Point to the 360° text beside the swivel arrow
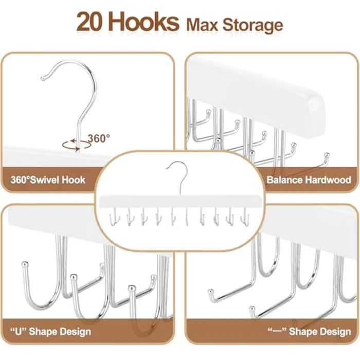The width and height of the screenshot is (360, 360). (x=98, y=138)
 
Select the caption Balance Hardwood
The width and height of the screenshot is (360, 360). (x=309, y=180)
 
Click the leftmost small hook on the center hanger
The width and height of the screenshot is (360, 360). (x=114, y=217)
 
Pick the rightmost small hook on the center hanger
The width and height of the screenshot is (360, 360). (x=245, y=217)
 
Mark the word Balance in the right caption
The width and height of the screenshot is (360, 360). (x=284, y=180)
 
